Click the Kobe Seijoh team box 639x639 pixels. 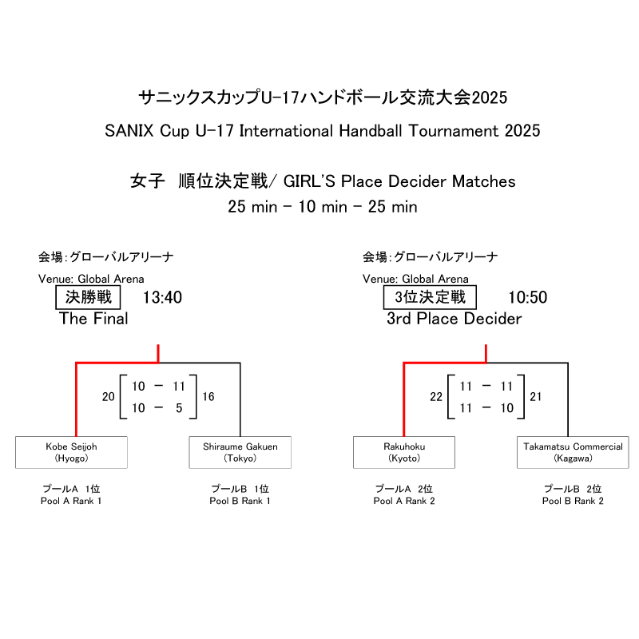click(71, 452)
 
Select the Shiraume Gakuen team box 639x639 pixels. click(240, 452)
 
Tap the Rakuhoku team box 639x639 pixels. click(404, 452)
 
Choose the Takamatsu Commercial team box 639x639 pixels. click(573, 452)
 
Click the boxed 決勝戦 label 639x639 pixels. click(89, 298)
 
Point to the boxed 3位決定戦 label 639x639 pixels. click(430, 298)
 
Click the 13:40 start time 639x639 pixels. click(163, 298)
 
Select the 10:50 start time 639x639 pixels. click(528, 298)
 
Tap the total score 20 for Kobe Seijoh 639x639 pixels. click(108, 397)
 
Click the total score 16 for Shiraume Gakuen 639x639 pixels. click(208, 397)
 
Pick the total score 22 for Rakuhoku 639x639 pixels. click(435, 397)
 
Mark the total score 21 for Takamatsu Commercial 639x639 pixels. click(536, 397)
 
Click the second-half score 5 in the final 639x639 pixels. click(179, 408)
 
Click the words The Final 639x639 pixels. click(93, 319)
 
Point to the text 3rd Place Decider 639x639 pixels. click(454, 319)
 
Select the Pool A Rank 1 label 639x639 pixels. click(71, 501)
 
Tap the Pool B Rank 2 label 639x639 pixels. click(573, 501)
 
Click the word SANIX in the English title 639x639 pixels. click(127, 130)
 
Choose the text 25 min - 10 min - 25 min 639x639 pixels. click(323, 207)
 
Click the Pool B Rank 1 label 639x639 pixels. click(240, 501)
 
